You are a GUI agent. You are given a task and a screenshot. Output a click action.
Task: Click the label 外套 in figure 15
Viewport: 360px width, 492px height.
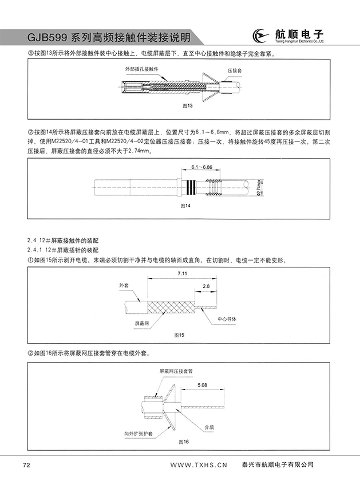[x=124, y=285]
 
